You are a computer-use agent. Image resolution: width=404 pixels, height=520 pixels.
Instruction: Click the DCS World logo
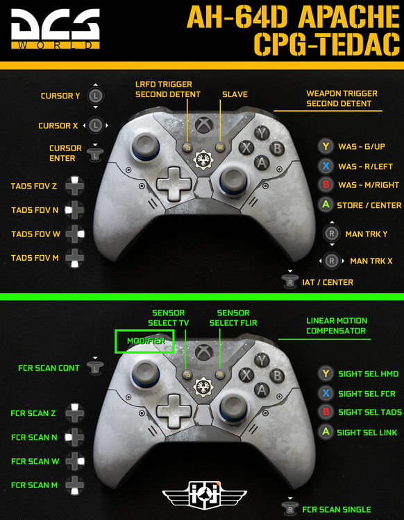[56, 29]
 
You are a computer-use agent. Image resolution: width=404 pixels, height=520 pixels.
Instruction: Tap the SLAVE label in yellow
[235, 94]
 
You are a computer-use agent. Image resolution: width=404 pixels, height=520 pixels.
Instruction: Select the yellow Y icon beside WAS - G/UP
[326, 146]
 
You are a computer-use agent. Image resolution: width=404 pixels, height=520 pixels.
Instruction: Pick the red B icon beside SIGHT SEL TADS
[326, 412]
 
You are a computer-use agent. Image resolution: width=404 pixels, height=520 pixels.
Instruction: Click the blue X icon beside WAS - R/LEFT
[326, 166]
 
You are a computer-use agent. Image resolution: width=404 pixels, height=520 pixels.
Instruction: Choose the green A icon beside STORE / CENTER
[326, 205]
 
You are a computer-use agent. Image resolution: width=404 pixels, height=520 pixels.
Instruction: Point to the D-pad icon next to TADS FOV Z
[75, 186]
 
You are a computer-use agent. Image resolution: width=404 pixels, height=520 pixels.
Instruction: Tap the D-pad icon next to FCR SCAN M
[75, 485]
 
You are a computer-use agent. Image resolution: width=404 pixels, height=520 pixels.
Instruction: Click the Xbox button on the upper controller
[204, 125]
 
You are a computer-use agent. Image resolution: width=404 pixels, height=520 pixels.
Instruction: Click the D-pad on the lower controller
[174, 411]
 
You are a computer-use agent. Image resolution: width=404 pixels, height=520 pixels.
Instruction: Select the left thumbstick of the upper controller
[145, 146]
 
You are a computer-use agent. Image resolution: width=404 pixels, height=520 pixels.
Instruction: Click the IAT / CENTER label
[328, 282]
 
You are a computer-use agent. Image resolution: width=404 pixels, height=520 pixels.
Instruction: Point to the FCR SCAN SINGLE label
[337, 510]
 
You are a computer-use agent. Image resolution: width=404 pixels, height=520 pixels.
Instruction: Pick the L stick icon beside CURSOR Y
[96, 96]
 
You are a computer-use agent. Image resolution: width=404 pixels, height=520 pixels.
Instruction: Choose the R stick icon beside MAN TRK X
[331, 261]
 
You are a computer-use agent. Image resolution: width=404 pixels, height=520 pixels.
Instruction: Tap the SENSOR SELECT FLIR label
[233, 318]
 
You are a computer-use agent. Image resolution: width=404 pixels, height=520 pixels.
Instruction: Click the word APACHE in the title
[348, 17]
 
